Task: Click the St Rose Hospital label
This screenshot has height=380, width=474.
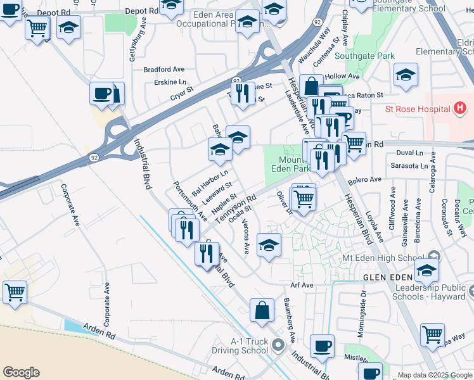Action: point(417,109)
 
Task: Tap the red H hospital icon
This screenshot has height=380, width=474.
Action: point(461,109)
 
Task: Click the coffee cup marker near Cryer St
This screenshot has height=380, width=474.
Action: point(101,94)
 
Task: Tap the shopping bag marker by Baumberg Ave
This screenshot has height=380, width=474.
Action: point(262,311)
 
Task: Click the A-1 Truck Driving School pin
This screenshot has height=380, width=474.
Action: point(277,346)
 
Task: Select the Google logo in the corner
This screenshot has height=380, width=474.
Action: point(21,372)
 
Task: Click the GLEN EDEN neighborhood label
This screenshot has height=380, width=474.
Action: point(387,278)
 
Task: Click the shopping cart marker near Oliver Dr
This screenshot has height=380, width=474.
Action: point(304,199)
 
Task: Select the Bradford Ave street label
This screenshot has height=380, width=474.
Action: point(164,69)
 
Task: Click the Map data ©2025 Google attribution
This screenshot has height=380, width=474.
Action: point(435,375)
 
